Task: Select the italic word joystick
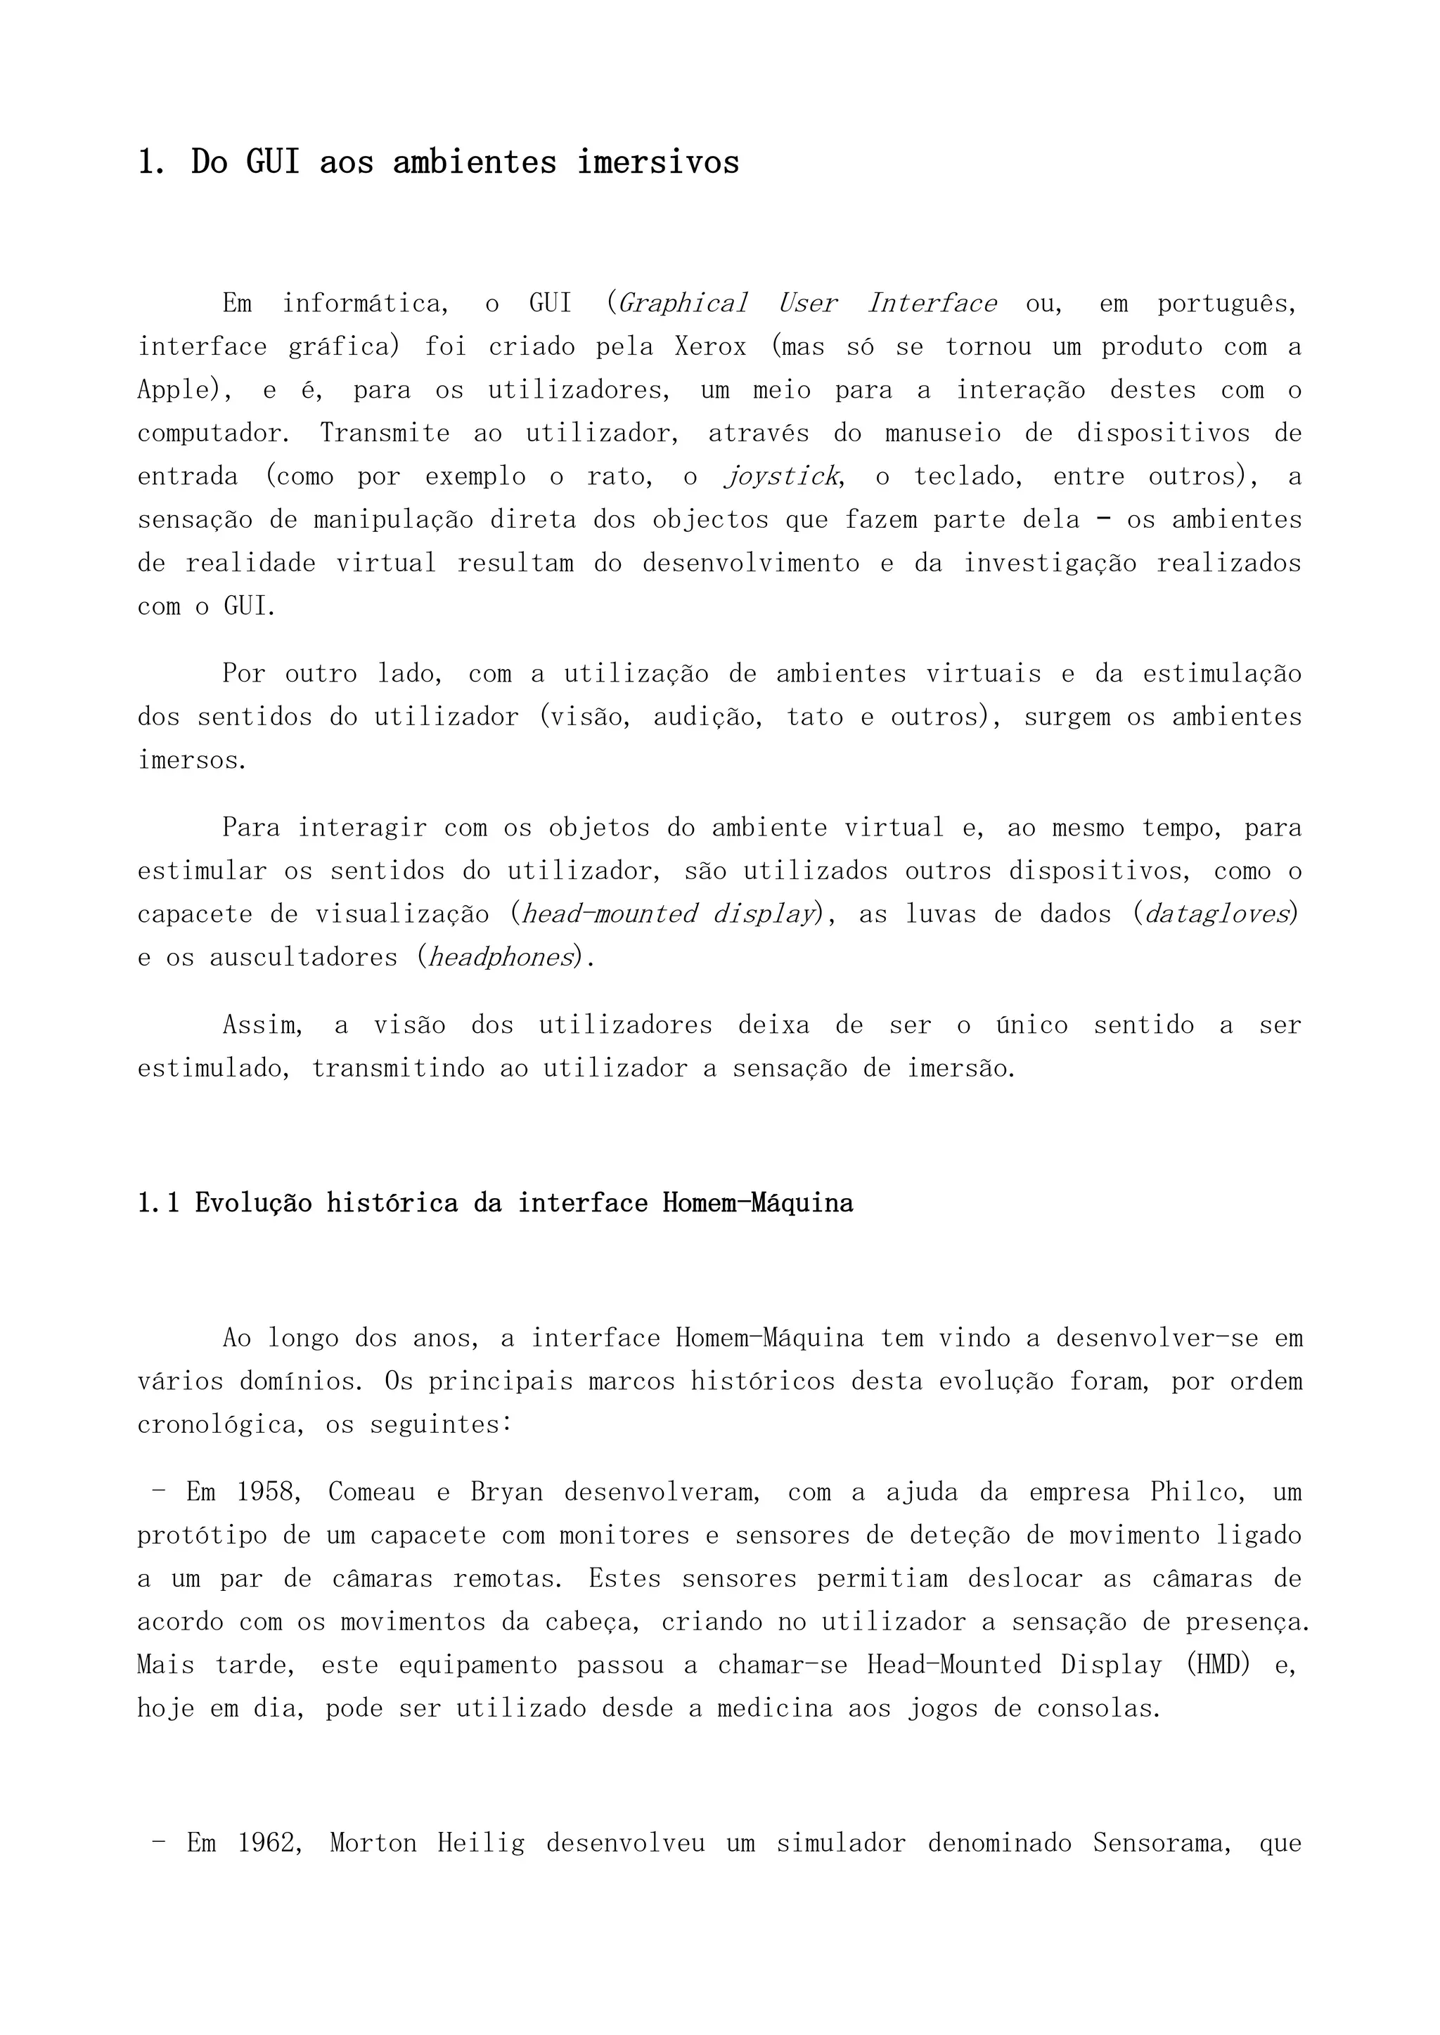click(781, 477)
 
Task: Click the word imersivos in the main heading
click(658, 162)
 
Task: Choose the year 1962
click(266, 1844)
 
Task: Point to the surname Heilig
click(481, 1844)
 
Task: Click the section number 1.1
click(159, 1203)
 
